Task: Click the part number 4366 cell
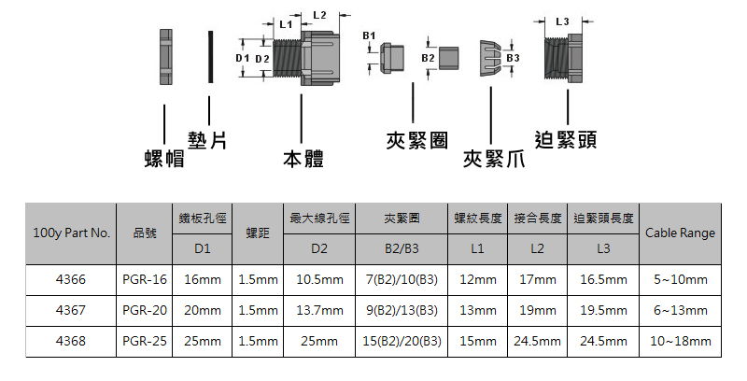point(71,280)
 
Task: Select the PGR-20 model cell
point(145,311)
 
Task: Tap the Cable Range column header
point(680,233)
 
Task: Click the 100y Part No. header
point(71,233)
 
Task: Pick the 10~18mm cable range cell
point(680,342)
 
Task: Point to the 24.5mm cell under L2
point(537,342)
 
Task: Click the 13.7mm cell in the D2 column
point(319,311)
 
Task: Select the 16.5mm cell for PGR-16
point(602,280)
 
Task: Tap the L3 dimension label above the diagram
point(562,21)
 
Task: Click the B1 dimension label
point(369,35)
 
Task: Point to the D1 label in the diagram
point(242,59)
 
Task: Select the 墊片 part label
point(208,140)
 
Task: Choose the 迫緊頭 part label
point(567,140)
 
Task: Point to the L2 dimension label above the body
point(319,14)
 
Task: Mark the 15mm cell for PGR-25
point(478,342)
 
